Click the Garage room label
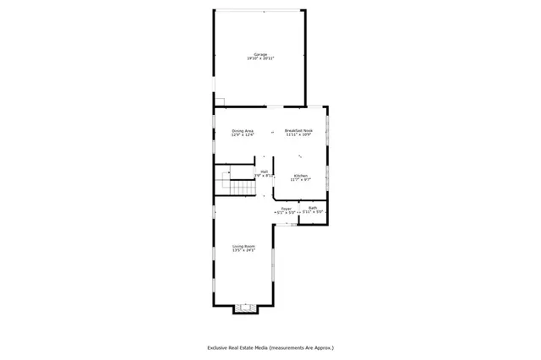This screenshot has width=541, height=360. coord(260,54)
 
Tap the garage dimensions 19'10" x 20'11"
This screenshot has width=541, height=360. coord(260,58)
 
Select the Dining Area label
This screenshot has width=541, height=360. coord(243,131)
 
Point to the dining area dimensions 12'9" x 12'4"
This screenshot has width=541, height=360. coord(243,135)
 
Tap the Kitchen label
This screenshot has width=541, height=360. coord(300,175)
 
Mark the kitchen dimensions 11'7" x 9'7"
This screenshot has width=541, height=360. coord(300,179)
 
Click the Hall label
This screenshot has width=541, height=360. coord(265,172)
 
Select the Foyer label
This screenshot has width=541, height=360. coord(286,208)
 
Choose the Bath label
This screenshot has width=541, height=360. coord(313,208)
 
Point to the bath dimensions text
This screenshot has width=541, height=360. coord(313,212)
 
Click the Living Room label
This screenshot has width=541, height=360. coord(244,246)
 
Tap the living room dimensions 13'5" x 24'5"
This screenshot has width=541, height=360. coord(244,250)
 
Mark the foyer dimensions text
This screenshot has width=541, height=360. coord(286,212)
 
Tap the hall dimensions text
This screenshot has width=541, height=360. coord(265,176)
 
